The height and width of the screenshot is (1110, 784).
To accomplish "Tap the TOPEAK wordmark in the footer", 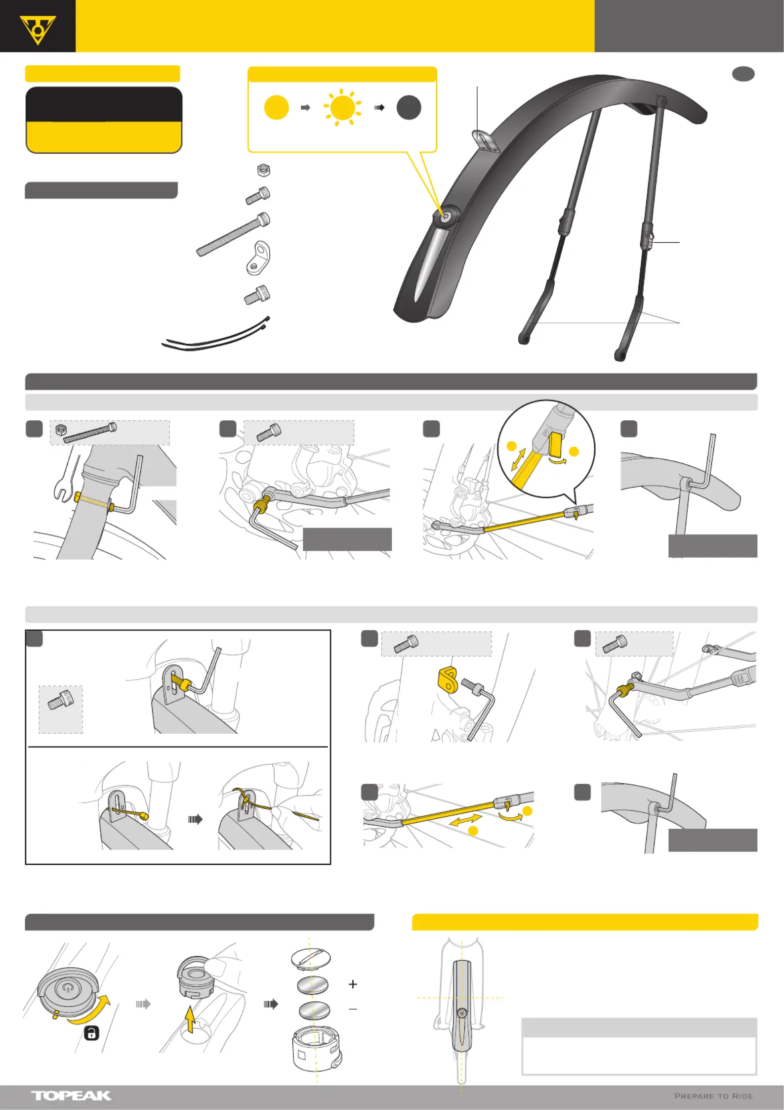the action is (72, 1096).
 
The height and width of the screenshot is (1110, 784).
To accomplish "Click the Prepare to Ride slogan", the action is (713, 1096).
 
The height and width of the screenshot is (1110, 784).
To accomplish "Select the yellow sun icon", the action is (342, 107).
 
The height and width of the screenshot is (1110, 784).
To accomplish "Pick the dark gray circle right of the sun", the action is (409, 107).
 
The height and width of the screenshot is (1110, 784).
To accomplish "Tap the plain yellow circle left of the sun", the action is (277, 107).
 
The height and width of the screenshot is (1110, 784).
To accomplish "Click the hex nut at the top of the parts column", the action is (264, 170).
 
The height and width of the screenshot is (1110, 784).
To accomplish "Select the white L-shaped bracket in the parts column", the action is (258, 258).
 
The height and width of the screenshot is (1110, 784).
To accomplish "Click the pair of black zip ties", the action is (216, 334).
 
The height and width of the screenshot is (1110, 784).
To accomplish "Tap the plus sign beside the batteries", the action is (353, 984).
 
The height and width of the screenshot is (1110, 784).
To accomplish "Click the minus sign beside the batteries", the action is (353, 1009).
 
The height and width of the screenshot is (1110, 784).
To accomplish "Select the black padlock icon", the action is (92, 1033).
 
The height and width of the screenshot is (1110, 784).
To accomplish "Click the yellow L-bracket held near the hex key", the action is (448, 679).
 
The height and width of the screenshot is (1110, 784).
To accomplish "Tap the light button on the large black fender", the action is (447, 217).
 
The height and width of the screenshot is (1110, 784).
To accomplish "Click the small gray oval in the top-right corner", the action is (743, 74).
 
